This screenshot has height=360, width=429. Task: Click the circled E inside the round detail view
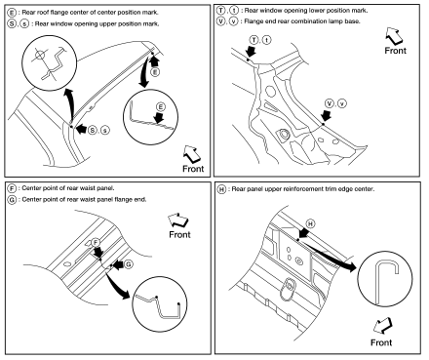[160, 107]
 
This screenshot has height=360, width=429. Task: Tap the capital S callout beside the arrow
[93, 130]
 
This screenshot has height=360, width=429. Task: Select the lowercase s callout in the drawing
[105, 131]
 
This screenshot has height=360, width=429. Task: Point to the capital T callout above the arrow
[254, 40]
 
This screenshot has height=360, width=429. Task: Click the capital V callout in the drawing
[330, 103]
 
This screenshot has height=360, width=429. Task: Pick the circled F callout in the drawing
[96, 242]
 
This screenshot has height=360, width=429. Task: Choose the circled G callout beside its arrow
[129, 264]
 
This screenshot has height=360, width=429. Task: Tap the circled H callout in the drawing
[311, 223]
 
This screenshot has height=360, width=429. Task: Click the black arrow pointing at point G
[118, 264]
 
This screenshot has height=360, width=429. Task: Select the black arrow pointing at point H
[303, 233]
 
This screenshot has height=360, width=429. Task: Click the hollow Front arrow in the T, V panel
[394, 36]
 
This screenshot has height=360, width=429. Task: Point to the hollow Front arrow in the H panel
[383, 326]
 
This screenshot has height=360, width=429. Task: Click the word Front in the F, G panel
[179, 234]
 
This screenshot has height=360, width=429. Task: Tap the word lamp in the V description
[341, 21]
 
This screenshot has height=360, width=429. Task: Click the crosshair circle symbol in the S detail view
[39, 55]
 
